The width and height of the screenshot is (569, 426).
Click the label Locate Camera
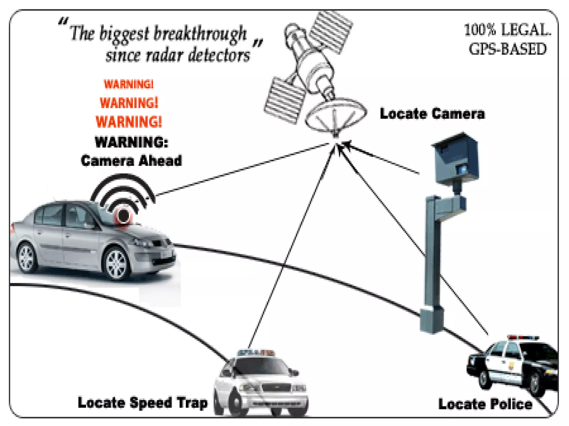tap(432, 114)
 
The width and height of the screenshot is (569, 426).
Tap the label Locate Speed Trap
tap(143, 403)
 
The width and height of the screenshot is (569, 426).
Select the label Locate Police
tap(485, 404)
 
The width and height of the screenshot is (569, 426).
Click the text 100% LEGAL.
tap(507, 30)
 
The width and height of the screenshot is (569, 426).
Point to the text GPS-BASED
tap(507, 49)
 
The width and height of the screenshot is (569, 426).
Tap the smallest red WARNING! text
tap(128, 84)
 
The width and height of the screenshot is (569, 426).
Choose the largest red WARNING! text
tap(129, 122)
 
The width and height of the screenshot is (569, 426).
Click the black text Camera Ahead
tap(131, 161)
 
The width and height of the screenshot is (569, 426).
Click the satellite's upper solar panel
tap(331, 32)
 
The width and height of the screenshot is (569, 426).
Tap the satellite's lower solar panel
tap(285, 100)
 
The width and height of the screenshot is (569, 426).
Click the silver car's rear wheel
tap(27, 258)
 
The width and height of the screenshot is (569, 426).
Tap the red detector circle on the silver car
tap(123, 216)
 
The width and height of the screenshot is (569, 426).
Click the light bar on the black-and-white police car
tap(522, 338)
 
